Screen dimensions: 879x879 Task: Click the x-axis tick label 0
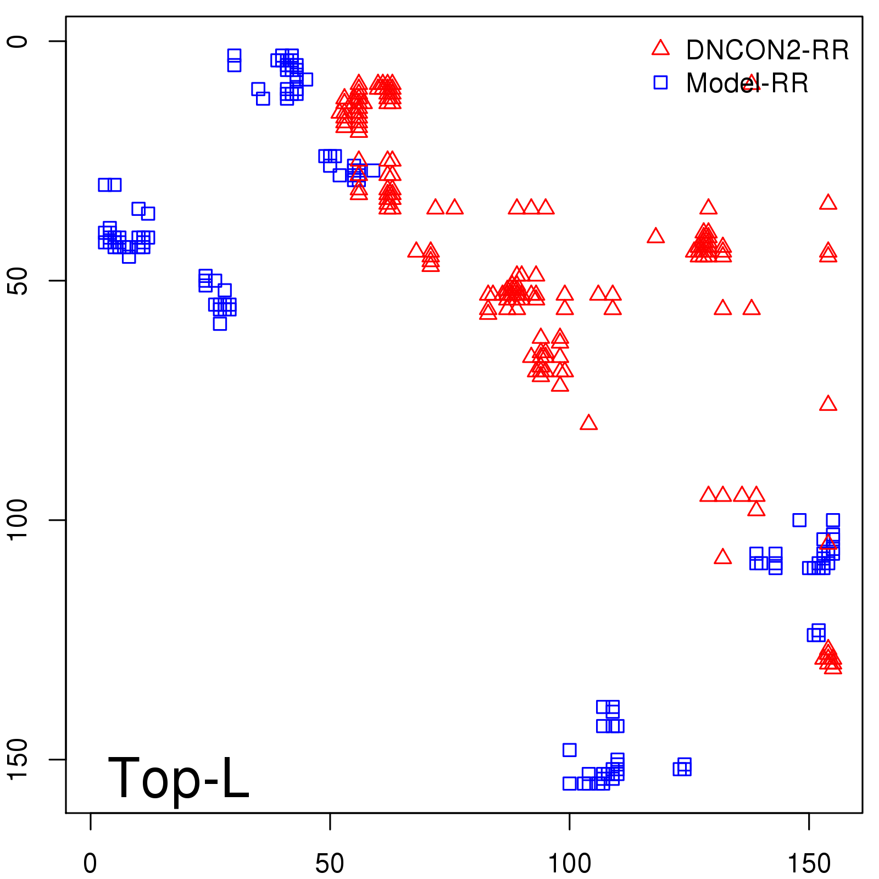90,864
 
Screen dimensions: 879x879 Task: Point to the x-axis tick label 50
330,864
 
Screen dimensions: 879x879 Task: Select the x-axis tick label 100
570,864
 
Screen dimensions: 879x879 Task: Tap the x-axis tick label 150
809,864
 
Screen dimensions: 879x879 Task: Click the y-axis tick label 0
19,41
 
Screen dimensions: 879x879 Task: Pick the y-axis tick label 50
19,281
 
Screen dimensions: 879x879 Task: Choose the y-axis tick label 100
19,520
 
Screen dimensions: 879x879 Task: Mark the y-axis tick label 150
19,760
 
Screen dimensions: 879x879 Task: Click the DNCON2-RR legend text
767,50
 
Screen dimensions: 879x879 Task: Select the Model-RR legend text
747,84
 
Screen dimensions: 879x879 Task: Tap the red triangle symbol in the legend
660,48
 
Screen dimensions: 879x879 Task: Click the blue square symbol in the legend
660,82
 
